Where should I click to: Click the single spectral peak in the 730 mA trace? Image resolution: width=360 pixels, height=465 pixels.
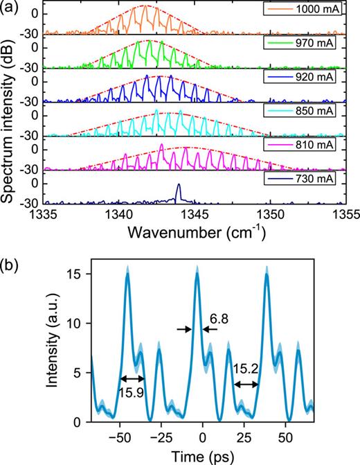(x=179, y=190)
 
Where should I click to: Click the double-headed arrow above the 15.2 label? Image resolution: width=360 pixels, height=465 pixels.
(x=246, y=384)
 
